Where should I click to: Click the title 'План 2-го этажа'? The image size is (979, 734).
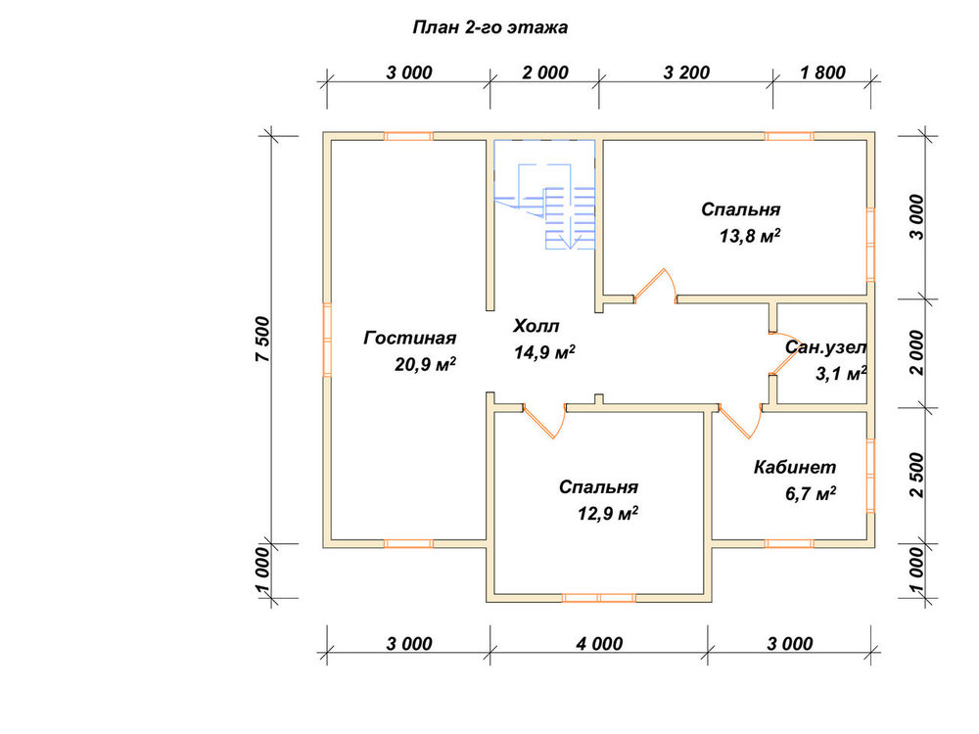point(490,28)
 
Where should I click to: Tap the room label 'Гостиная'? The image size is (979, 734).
point(410,338)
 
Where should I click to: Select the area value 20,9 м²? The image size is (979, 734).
point(425,364)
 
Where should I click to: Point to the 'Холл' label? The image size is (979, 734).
point(536,326)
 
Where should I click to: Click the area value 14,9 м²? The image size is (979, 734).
point(544,352)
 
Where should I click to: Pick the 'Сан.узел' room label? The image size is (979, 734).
point(825,347)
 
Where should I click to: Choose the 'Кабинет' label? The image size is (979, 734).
point(795,467)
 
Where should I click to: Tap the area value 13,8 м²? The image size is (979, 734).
point(750,236)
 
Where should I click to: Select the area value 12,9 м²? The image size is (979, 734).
point(608,514)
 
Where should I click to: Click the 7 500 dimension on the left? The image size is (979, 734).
point(262,340)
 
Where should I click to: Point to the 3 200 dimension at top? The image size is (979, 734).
point(686,72)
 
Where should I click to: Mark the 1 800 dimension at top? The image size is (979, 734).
point(823,72)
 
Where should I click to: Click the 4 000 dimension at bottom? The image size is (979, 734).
point(599,644)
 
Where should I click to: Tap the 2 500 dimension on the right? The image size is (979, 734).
point(916,475)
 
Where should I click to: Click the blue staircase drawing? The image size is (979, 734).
point(544,195)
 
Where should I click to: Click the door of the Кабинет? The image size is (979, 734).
point(740,421)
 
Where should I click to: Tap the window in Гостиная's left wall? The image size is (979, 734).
point(327,340)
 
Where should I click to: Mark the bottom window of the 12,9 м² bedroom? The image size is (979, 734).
point(599,598)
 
